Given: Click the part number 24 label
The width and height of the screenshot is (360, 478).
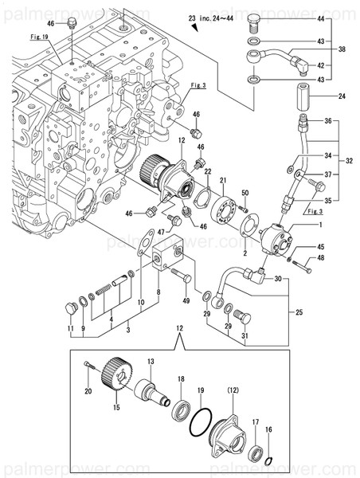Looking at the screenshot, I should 343,97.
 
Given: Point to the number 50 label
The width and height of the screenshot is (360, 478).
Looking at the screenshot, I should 245,194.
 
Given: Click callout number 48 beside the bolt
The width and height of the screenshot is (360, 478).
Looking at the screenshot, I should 321,257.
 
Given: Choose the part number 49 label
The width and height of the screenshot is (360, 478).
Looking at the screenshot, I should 186,300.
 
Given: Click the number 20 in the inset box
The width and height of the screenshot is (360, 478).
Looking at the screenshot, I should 88,390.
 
